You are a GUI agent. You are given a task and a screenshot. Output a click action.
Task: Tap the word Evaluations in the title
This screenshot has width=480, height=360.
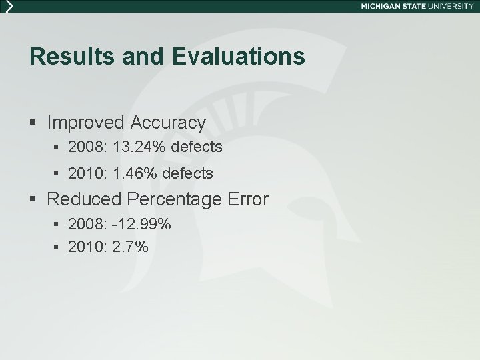[238, 57]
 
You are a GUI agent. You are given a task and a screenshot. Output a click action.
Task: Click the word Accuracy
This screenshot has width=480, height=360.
[169, 123]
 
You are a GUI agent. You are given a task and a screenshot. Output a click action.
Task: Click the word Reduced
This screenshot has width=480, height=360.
[84, 199]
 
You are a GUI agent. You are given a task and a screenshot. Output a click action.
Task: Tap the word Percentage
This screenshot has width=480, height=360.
[175, 199]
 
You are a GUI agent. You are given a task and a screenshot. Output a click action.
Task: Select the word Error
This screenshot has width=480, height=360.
[247, 199]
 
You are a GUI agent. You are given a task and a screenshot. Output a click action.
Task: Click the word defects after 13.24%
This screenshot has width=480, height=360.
[197, 146]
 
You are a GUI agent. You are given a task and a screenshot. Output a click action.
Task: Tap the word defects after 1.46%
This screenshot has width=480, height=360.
[188, 173]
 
